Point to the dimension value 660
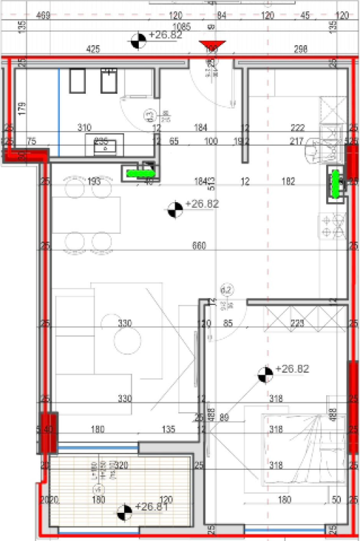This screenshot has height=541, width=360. [199, 246]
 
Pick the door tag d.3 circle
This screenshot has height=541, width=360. [149, 115]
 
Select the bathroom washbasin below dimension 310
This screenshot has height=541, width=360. [105, 146]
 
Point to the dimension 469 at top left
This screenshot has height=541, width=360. [43, 15]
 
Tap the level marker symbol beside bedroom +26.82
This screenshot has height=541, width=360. [265, 375]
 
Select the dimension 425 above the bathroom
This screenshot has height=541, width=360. [92, 49]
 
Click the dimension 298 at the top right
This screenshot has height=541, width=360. [300, 49]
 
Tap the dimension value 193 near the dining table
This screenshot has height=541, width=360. [95, 182]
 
